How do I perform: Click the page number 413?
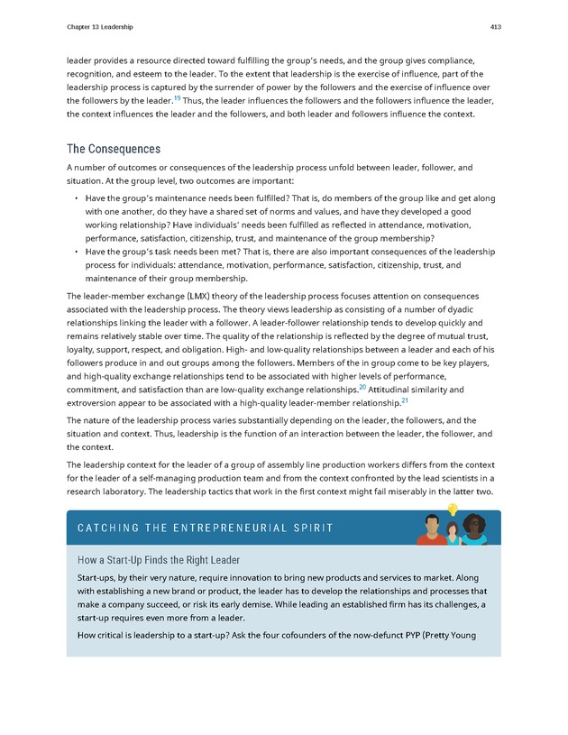coord(495,27)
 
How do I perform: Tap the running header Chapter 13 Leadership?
coord(99,27)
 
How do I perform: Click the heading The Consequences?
coord(114,149)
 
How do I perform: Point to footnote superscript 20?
coord(362,386)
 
